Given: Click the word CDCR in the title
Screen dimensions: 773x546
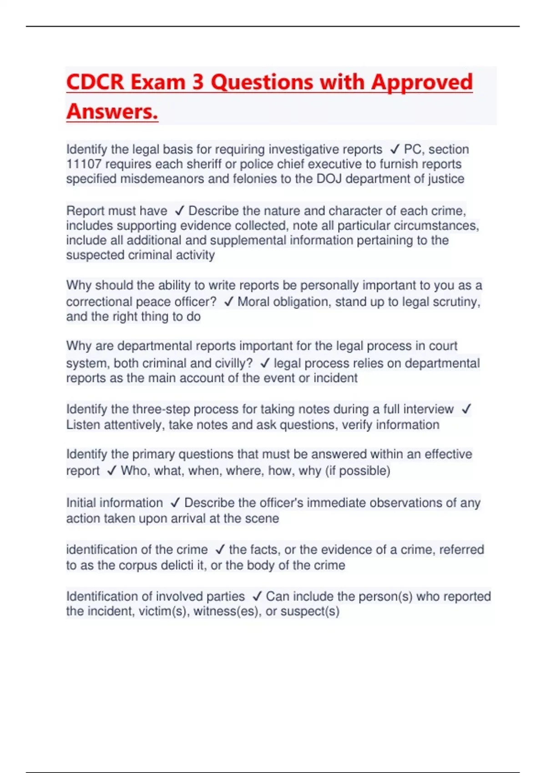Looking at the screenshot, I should (x=95, y=82).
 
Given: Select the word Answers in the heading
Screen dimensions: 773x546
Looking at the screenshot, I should (x=112, y=111).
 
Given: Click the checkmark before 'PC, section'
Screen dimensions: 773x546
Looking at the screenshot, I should (x=394, y=149).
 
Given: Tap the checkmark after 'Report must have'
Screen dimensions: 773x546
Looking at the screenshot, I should (x=179, y=211).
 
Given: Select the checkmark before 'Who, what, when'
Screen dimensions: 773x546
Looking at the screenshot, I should (x=111, y=471).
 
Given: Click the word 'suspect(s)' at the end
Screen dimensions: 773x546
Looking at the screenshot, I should (x=310, y=611).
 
